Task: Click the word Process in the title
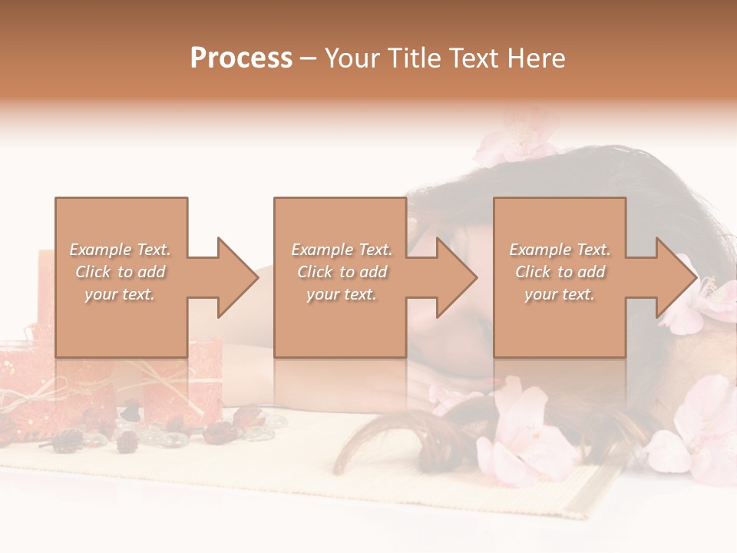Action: [x=241, y=58]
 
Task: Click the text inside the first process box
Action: [x=120, y=272]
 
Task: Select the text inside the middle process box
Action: [x=341, y=272]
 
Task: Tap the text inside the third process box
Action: [x=560, y=272]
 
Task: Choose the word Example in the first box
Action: [x=101, y=250]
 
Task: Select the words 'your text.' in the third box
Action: [x=560, y=294]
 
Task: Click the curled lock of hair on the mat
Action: [x=368, y=445]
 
